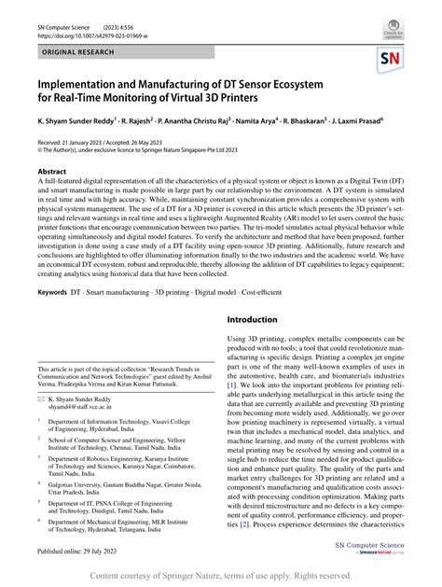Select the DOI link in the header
point(103,35)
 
